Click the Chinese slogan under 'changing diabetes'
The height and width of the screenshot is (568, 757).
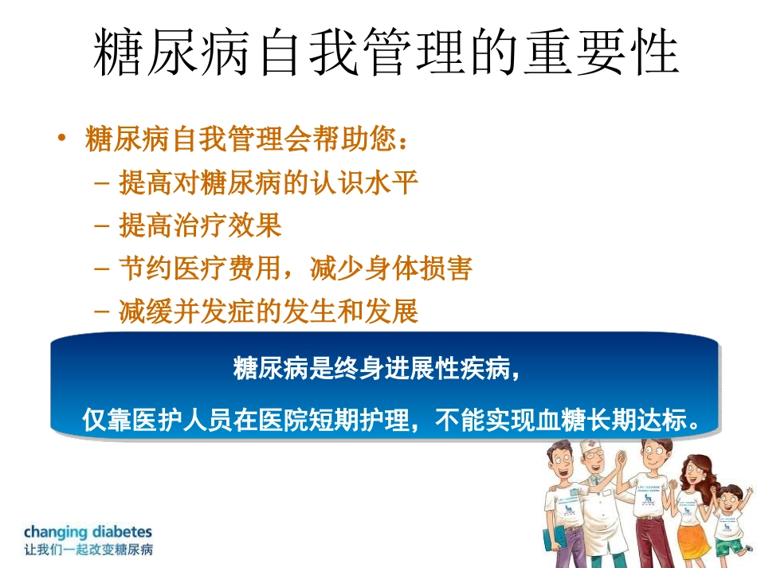click(x=88, y=550)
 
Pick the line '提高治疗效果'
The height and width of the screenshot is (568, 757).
click(x=200, y=226)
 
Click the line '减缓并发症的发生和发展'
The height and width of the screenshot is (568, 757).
click(x=268, y=311)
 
